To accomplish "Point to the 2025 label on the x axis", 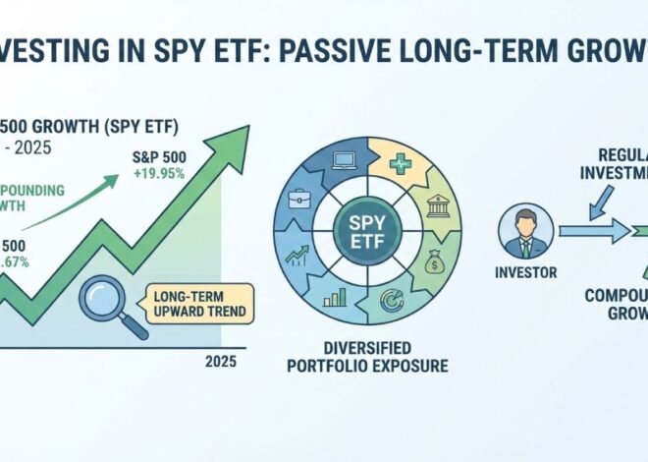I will pos(221,361).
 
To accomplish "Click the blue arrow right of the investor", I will pos(595,232).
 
